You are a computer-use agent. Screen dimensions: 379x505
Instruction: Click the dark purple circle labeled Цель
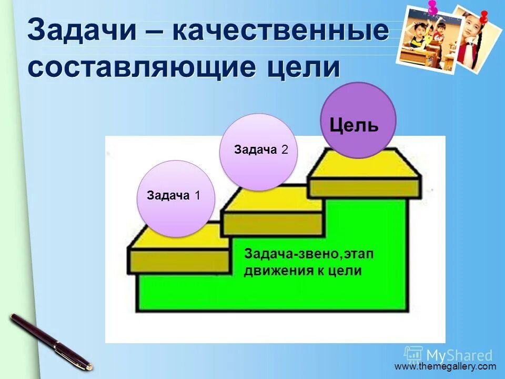[x=358, y=121]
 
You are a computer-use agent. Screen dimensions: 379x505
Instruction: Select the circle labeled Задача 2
[x=258, y=152]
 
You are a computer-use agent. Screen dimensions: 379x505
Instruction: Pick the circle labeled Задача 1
[x=176, y=198]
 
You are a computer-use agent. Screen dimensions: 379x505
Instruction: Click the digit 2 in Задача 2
[x=285, y=150]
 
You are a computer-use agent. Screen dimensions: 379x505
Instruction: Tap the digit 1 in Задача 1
[x=197, y=196]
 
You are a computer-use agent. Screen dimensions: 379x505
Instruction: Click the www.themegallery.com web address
[x=445, y=366]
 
